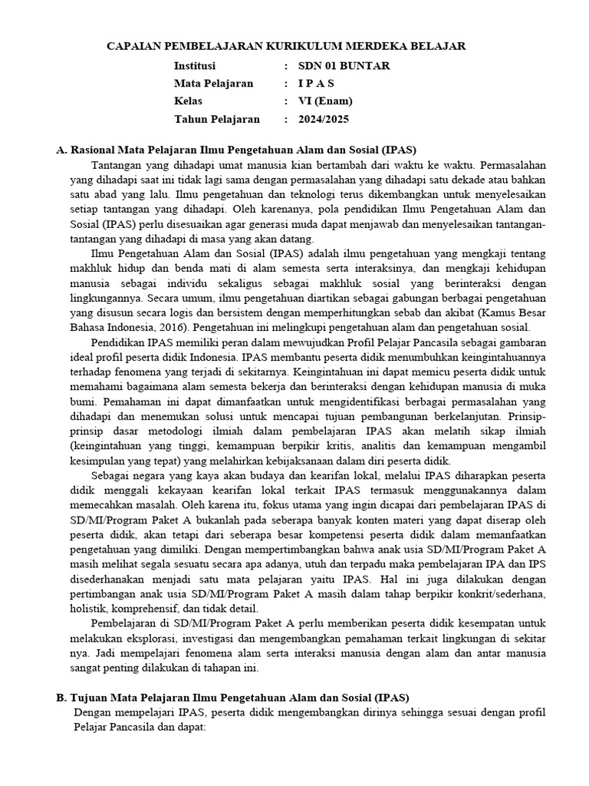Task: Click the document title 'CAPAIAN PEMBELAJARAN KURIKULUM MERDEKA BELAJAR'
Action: tap(285, 47)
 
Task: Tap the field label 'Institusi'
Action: tap(195, 66)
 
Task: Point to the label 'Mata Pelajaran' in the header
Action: tap(213, 84)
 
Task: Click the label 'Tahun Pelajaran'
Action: tap(217, 119)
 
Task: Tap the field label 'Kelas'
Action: tap(189, 101)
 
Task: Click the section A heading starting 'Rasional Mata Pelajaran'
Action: tap(243, 150)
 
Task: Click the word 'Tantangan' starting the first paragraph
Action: tap(115, 165)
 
